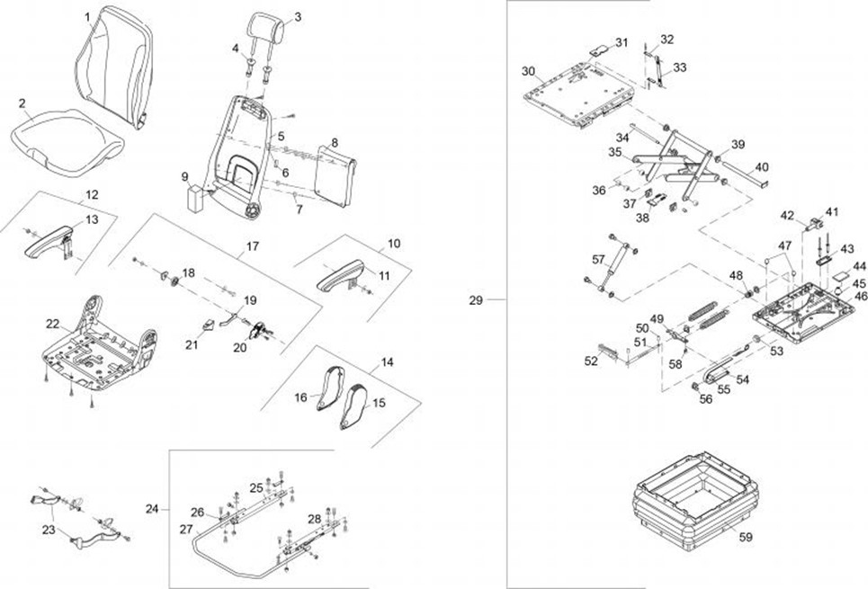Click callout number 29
(x=476, y=299)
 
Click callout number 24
(x=151, y=508)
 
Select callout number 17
(x=253, y=245)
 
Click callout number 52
(x=591, y=361)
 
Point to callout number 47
(x=784, y=245)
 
